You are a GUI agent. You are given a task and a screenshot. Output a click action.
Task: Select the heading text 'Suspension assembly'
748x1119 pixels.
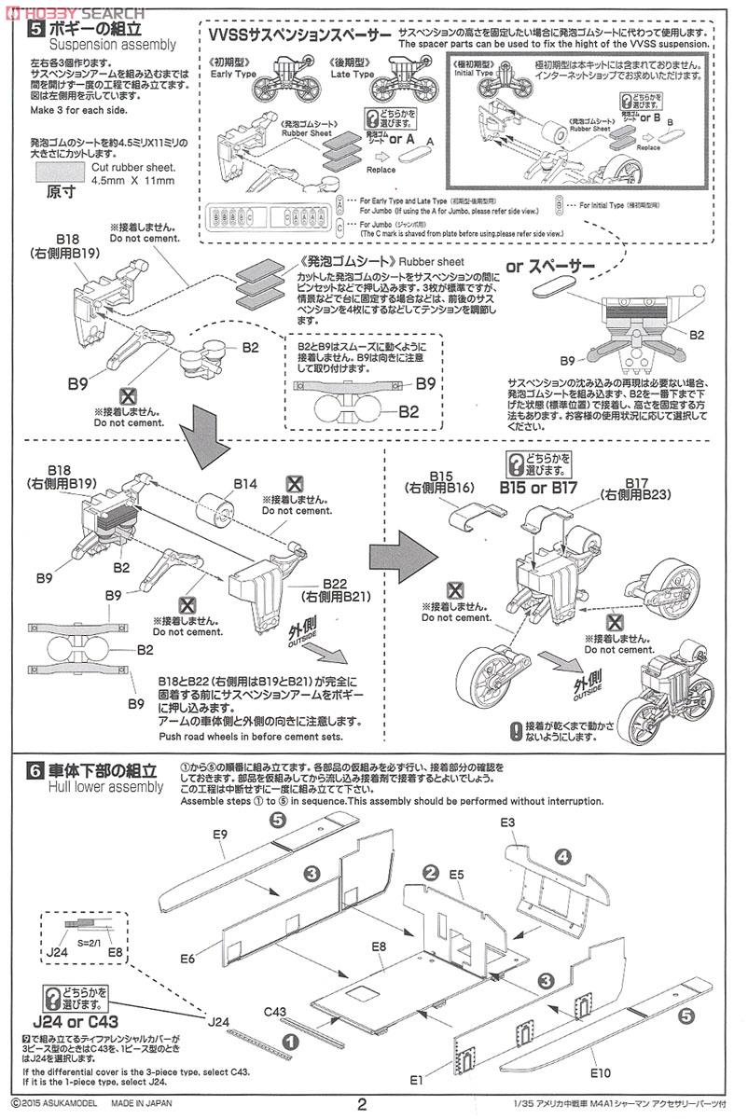click(112, 44)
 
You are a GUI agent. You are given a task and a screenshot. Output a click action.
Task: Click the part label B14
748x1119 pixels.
click(245, 483)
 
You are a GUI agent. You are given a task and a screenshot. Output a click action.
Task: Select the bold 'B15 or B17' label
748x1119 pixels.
click(538, 487)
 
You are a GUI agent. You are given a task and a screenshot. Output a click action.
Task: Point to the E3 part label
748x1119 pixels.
click(508, 822)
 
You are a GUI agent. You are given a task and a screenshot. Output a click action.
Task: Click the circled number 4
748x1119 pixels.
click(563, 856)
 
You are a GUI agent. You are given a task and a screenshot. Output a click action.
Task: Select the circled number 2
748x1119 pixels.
click(430, 872)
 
